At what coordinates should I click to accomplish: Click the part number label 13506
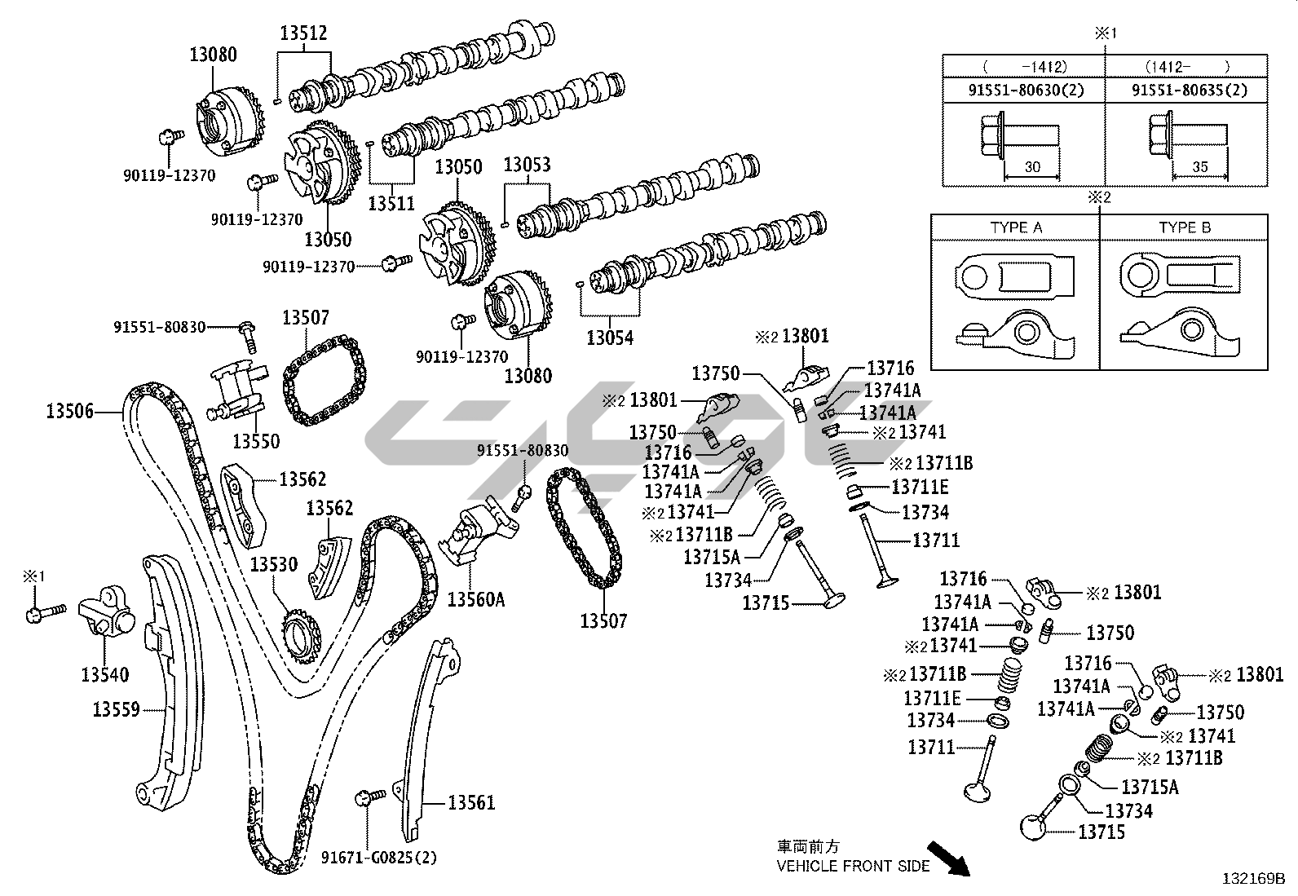pos(69,412)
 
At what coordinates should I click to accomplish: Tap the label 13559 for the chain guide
pos(116,709)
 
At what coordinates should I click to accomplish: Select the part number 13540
pos(104,676)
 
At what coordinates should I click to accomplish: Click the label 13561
pos(471,803)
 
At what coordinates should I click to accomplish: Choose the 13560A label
pos(476,600)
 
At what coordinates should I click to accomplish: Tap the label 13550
pos(256,441)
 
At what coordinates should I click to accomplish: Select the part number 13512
pos(303,33)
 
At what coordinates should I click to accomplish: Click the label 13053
pos(527,166)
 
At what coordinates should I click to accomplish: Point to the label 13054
pos(610,337)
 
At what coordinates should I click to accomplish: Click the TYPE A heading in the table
pos(1016,228)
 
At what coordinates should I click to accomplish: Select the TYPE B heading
pos(1185,228)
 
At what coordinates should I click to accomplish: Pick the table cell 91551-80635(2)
pos(1190,90)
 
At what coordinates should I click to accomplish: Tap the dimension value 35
pos(1199,167)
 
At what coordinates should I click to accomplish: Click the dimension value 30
pos(1032,167)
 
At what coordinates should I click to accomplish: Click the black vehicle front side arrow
pos(950,859)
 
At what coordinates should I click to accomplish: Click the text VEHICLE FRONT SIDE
pos(853,866)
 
